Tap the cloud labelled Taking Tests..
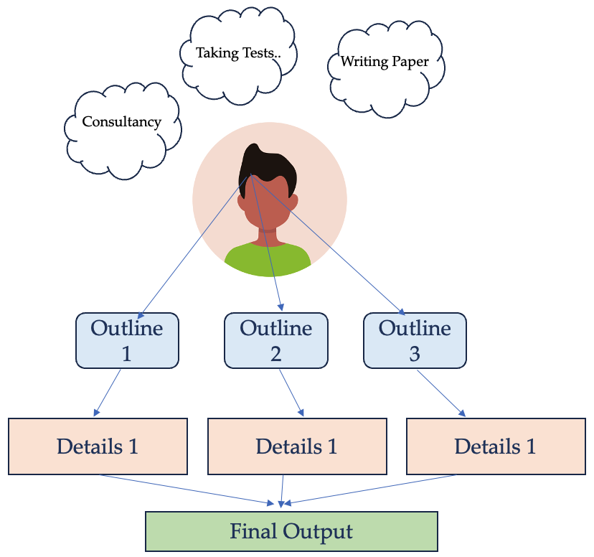point(237,54)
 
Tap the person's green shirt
point(268,257)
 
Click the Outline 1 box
point(127,341)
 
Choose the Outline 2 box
point(276,341)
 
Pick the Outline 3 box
point(415,340)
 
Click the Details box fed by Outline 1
point(98,446)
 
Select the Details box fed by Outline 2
point(297,446)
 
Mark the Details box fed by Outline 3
point(496,446)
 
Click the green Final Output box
point(291,532)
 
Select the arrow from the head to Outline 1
point(194,244)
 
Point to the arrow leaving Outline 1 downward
point(108,393)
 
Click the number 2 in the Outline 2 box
point(276,353)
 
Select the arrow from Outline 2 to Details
point(291,393)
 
